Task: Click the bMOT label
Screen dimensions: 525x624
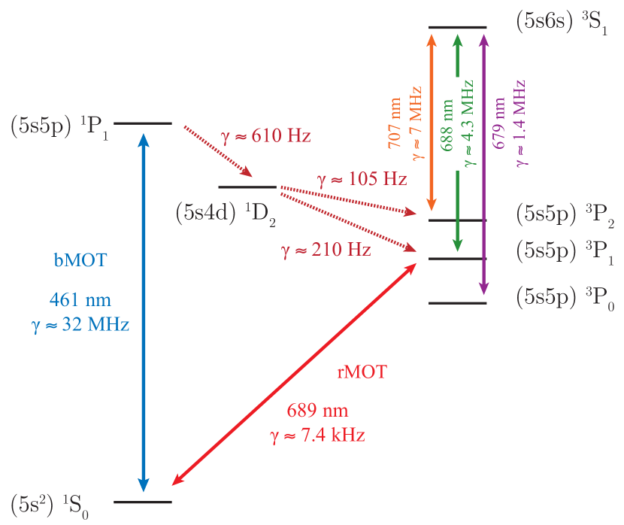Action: [x=81, y=261]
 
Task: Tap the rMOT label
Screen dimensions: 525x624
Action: [x=362, y=372]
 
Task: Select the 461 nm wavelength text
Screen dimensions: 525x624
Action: [x=81, y=299]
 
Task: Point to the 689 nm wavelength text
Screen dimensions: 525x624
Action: [x=318, y=411]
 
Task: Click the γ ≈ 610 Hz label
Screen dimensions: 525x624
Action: [x=265, y=136]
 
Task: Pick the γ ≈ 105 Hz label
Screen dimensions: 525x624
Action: [x=362, y=179]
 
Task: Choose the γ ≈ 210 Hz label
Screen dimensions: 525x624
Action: [x=326, y=250]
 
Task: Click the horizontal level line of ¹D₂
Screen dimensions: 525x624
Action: [x=247, y=187]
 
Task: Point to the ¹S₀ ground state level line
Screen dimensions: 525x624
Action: [x=143, y=502]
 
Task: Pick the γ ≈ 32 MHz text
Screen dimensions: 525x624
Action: [x=81, y=326]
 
